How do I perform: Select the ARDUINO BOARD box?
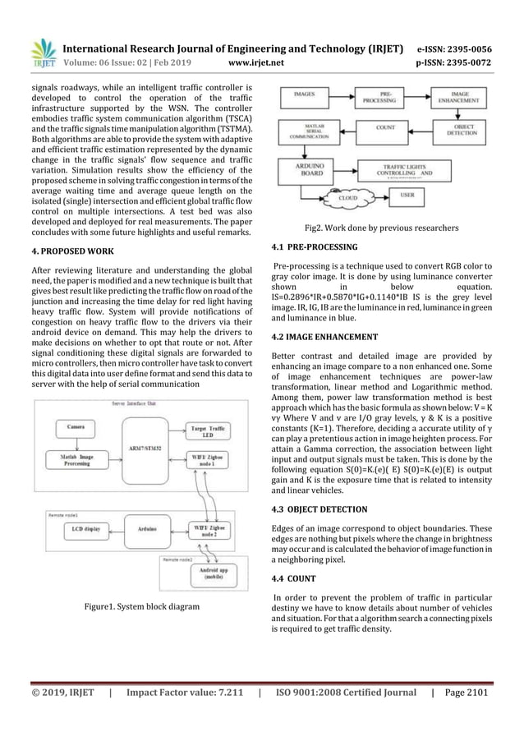(315, 168)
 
